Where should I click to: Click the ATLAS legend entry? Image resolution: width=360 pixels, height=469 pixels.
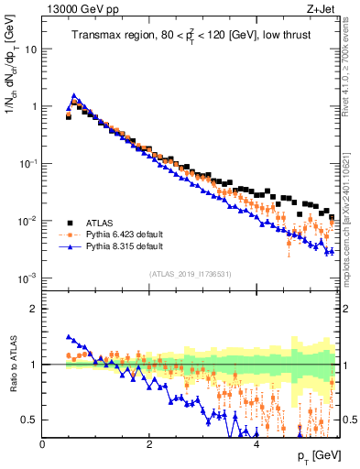(x=98, y=221)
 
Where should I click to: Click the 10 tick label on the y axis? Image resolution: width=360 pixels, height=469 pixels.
(x=30, y=49)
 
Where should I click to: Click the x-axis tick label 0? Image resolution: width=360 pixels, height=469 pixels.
(x=42, y=443)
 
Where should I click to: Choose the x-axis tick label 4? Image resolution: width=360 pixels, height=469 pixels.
(x=256, y=443)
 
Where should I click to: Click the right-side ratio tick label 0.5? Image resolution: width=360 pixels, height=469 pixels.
(x=349, y=420)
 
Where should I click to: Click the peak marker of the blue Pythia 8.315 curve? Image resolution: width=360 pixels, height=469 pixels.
(x=74, y=95)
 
